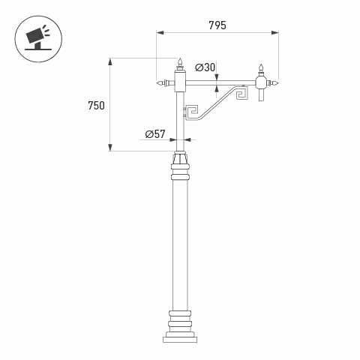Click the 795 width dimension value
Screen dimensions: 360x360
click(217, 25)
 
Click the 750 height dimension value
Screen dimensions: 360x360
click(96, 105)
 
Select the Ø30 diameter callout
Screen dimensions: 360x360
click(205, 67)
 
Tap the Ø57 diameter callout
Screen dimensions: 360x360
click(155, 134)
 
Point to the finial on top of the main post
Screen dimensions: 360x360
click(180, 62)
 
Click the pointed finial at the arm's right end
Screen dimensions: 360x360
click(275, 82)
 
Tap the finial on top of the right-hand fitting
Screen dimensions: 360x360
click(262, 68)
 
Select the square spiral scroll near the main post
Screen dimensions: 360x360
click(191, 112)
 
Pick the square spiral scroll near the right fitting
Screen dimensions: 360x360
click(242, 94)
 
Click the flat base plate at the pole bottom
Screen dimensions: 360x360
click(180, 339)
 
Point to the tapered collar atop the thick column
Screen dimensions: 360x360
click(180, 158)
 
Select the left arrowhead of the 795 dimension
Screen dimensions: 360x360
click(159, 33)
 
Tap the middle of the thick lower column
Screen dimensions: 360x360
click(180, 244)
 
